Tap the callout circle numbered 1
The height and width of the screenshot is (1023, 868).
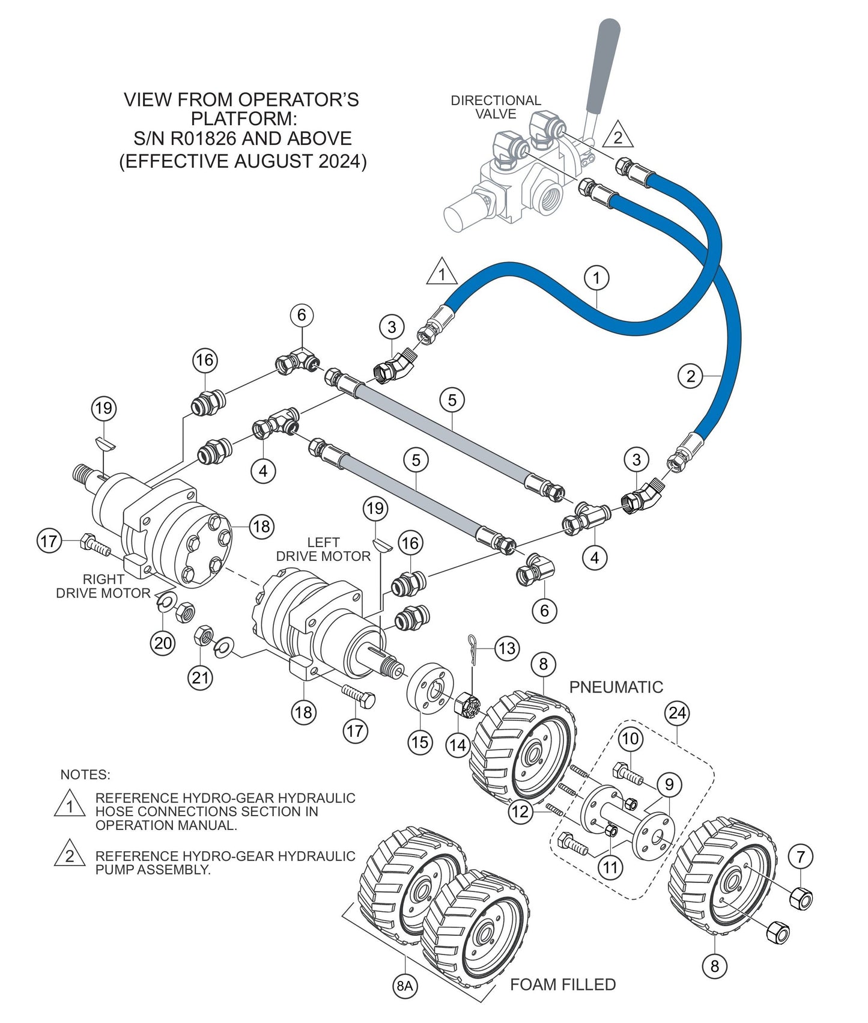(596, 278)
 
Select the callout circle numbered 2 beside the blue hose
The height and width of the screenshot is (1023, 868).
(690, 376)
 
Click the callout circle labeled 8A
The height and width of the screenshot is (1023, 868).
(404, 986)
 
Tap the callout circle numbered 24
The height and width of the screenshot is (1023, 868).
(677, 713)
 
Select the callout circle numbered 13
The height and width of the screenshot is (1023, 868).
(507, 649)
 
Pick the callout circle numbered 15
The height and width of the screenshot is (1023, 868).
(420, 742)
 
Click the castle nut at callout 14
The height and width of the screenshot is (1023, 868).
(467, 704)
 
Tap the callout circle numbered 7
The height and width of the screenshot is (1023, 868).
(801, 857)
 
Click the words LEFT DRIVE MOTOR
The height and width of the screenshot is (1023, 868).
(323, 549)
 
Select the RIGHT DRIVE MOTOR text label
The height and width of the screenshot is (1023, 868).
(103, 586)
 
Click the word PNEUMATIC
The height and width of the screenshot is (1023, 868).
(616, 687)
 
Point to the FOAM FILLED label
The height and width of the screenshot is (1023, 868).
(562, 985)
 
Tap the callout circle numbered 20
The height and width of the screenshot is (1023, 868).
(162, 643)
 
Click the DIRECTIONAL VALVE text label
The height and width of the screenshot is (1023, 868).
(496, 107)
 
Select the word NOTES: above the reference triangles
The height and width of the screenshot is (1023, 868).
(85, 774)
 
